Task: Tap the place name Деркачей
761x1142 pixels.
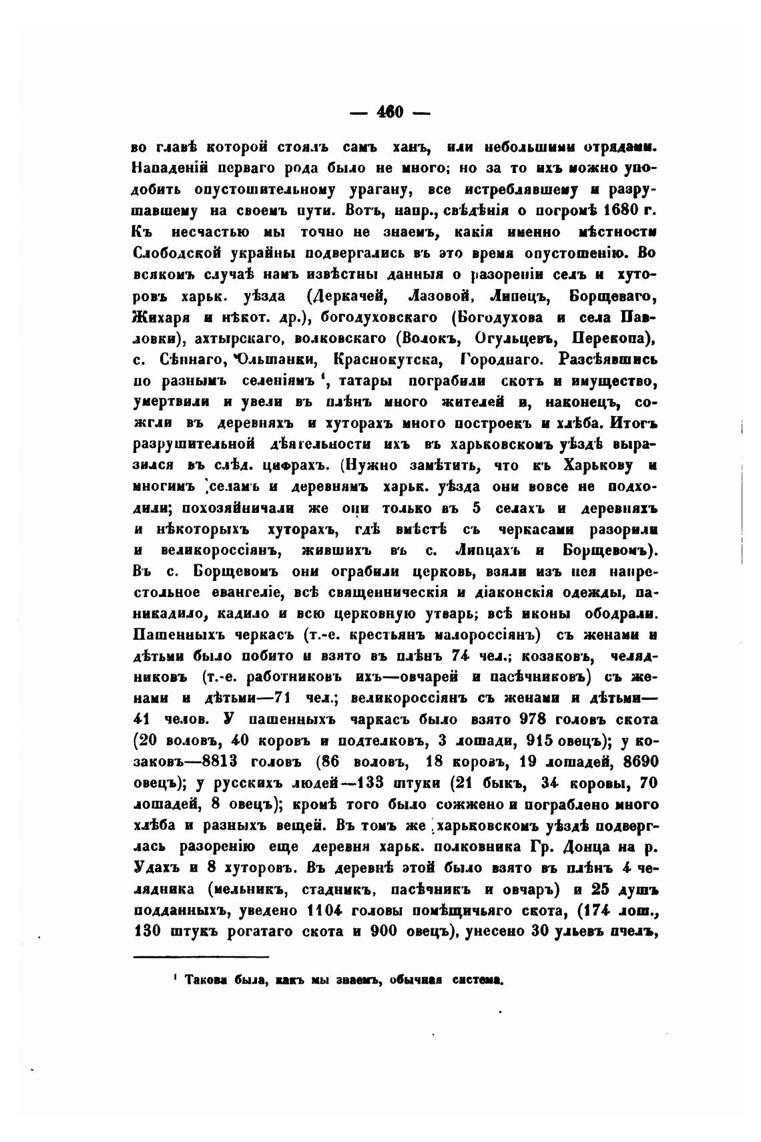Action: [x=348, y=296]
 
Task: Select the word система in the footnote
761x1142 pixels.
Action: [x=476, y=981]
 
